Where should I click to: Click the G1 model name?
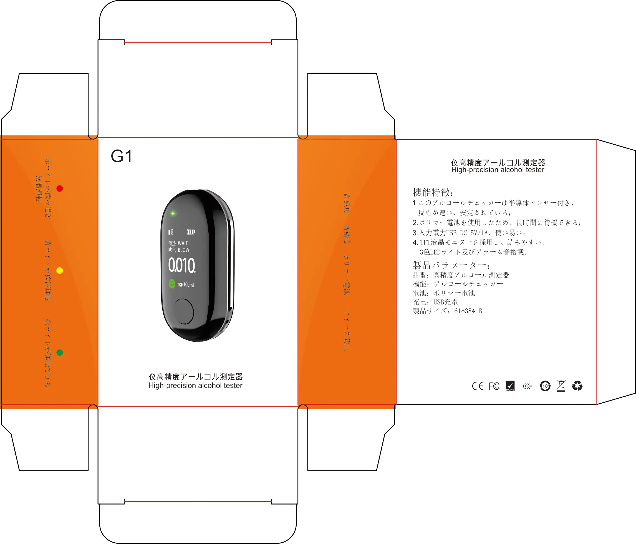[x=121, y=156]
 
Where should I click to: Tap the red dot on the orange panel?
[x=60, y=188]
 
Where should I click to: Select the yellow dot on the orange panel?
[x=60, y=270]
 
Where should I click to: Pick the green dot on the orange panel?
[x=60, y=352]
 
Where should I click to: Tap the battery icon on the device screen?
[x=191, y=231]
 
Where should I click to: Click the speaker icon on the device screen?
[x=171, y=232]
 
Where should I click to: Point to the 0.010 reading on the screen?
[x=182, y=265]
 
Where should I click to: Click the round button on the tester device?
[x=183, y=311]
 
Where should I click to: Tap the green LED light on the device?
[x=173, y=213]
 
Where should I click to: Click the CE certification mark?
[x=478, y=386]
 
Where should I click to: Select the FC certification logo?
[x=494, y=386]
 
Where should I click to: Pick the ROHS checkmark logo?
[x=510, y=386]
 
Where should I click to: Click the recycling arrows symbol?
[x=577, y=386]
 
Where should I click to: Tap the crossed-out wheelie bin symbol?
[x=561, y=386]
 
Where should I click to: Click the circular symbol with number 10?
[x=545, y=386]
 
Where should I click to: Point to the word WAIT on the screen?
[x=183, y=243]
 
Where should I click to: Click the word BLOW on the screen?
[x=183, y=250]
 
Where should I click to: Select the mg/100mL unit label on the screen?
[x=185, y=285]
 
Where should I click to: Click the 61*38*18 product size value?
[x=468, y=311]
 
